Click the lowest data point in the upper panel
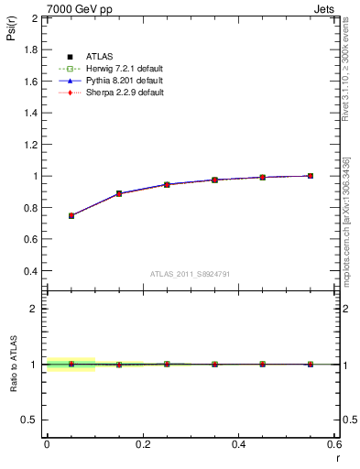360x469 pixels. click(x=71, y=215)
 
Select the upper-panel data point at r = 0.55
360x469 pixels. click(x=311, y=176)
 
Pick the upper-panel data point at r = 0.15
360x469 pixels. click(x=118, y=193)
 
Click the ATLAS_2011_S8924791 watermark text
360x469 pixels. click(x=191, y=274)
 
